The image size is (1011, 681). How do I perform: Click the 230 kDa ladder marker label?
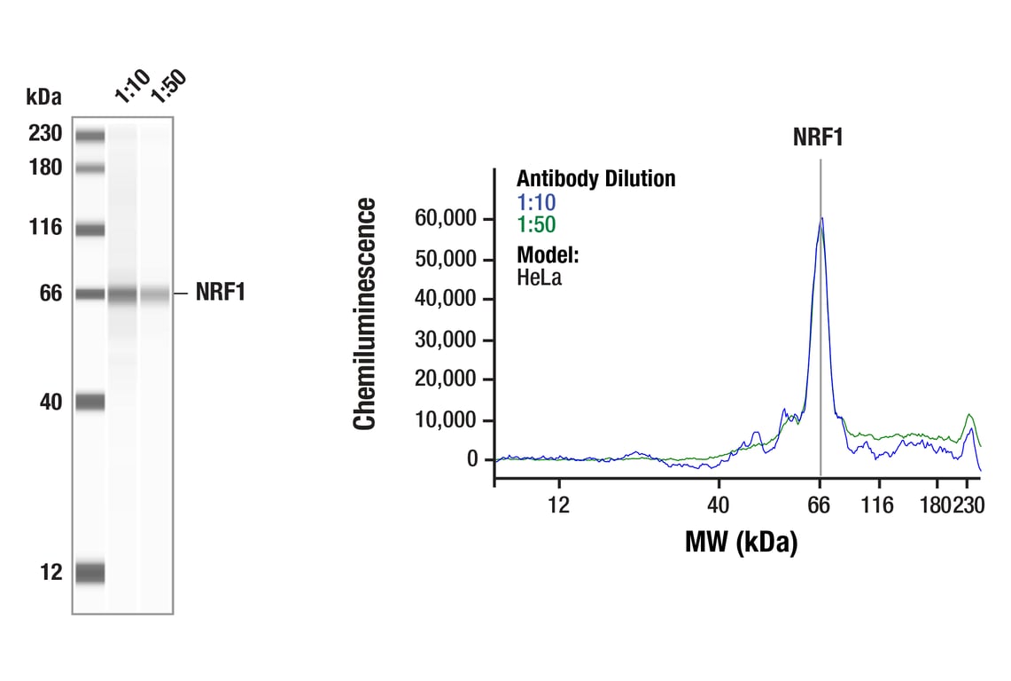click(x=44, y=134)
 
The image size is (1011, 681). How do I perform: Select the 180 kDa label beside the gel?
click(x=44, y=167)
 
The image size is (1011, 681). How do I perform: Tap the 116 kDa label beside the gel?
click(x=44, y=228)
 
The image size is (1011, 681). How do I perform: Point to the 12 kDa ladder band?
click(x=89, y=572)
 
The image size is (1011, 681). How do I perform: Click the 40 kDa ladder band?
click(x=89, y=402)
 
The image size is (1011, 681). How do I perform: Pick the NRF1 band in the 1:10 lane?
click(x=123, y=294)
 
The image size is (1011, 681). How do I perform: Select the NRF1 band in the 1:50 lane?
click(x=155, y=294)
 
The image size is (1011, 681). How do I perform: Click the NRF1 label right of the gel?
click(x=220, y=293)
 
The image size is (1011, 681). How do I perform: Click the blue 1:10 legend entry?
click(x=536, y=203)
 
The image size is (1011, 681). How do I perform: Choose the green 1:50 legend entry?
click(x=536, y=225)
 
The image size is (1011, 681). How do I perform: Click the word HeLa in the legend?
click(x=539, y=277)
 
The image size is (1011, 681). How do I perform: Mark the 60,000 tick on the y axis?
click(x=447, y=218)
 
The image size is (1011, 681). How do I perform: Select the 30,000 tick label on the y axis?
click(x=447, y=340)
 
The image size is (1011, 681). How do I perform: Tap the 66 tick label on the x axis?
click(x=820, y=505)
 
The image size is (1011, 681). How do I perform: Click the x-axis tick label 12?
click(x=558, y=505)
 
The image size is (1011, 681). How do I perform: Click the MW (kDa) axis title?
click(x=741, y=541)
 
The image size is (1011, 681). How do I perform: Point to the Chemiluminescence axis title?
click(x=365, y=315)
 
